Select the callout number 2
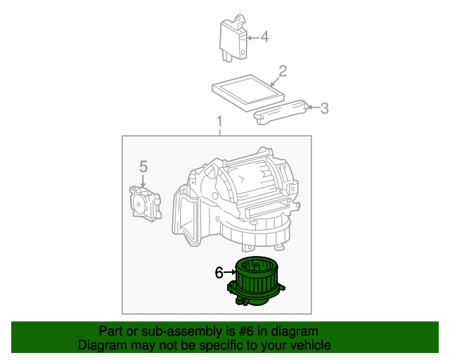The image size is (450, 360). pos(283,71)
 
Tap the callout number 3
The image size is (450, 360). pos(324,108)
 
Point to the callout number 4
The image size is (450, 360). pos(264,37)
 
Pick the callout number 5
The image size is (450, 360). pos(143,167)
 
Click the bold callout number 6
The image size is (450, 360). pos(219,272)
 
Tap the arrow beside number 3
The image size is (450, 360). pos(314,108)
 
